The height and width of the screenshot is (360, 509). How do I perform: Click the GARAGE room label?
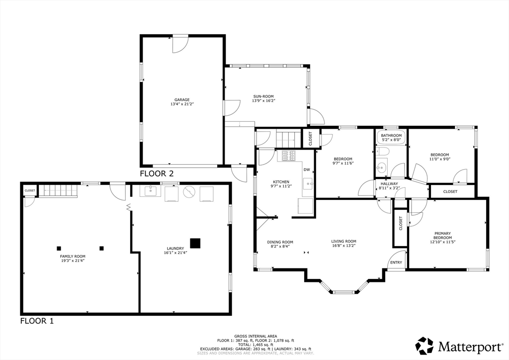pyautogui.click(x=182, y=100)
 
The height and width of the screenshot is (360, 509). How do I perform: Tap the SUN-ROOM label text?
pyautogui.click(x=263, y=96)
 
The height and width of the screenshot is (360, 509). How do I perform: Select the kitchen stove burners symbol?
pyautogui.click(x=289, y=156)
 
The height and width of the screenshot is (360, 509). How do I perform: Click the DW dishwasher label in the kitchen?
pyautogui.click(x=307, y=170)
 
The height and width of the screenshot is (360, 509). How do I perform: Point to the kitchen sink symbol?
pyautogui.click(x=308, y=184)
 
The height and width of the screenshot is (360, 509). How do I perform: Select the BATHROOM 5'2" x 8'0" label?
pyautogui.click(x=391, y=138)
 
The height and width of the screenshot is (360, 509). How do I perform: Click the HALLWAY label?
pyautogui.click(x=389, y=184)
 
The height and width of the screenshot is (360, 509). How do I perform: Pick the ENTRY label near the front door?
pyautogui.click(x=396, y=262)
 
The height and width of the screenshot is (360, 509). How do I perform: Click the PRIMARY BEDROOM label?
pyautogui.click(x=443, y=235)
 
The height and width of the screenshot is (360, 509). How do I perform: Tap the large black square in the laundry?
pyautogui.click(x=195, y=243)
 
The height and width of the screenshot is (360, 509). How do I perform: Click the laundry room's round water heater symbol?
pyautogui.click(x=188, y=192)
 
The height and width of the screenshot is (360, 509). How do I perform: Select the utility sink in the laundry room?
pyautogui.click(x=150, y=191)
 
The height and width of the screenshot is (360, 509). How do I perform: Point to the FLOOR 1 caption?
pyautogui.click(x=37, y=321)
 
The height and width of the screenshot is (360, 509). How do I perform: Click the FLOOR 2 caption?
pyautogui.click(x=157, y=174)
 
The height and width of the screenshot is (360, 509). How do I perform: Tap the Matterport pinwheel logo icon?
pyautogui.click(x=424, y=346)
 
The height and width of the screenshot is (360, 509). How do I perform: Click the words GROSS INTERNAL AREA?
pyautogui.click(x=255, y=336)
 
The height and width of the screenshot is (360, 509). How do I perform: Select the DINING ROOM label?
pyautogui.click(x=280, y=242)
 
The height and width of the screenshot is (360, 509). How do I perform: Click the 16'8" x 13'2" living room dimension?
pyautogui.click(x=344, y=246)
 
